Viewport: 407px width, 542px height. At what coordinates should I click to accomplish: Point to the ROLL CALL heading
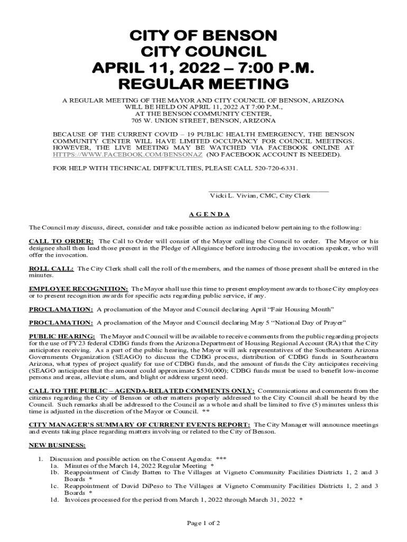(51, 268)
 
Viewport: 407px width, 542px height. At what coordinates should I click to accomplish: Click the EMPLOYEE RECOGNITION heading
(78, 288)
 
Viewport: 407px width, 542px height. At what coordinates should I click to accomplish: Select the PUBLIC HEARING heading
(62, 336)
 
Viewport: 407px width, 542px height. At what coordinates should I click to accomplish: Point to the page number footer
(203, 523)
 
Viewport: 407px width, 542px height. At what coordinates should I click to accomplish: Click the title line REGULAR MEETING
(203, 84)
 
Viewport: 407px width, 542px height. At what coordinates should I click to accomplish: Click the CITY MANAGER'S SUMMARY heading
(139, 424)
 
